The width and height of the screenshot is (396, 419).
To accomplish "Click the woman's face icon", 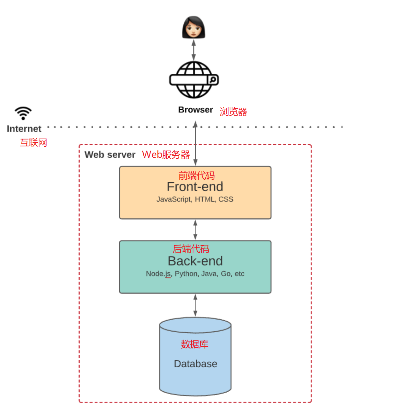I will click(x=193, y=27).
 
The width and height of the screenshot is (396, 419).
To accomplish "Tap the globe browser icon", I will click(x=194, y=80).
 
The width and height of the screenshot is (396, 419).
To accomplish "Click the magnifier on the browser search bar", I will click(x=213, y=80).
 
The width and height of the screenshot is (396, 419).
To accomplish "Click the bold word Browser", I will click(x=195, y=110).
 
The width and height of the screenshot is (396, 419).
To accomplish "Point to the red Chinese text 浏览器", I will click(x=233, y=112).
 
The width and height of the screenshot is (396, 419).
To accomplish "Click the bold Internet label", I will click(x=24, y=129).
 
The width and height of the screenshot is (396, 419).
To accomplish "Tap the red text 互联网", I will click(x=33, y=143).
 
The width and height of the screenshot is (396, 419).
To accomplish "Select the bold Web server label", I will click(x=110, y=155).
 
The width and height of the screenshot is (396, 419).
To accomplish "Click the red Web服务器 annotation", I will click(x=166, y=155).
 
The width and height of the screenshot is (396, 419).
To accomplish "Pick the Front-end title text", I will click(x=195, y=187).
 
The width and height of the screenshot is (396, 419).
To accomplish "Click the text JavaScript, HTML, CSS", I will click(x=195, y=199).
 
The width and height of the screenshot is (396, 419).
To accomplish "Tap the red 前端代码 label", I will click(x=196, y=176).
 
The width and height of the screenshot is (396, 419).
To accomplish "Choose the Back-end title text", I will click(x=195, y=261).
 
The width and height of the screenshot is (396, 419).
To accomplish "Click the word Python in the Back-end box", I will click(x=186, y=274).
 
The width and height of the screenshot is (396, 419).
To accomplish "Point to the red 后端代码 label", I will click(x=191, y=249).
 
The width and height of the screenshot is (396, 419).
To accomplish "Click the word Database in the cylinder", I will click(x=195, y=364).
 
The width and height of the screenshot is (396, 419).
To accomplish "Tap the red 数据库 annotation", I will click(x=194, y=344).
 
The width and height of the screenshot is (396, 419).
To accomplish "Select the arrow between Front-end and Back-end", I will click(x=195, y=230).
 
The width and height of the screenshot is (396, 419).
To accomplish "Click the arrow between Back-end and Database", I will click(x=195, y=305).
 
